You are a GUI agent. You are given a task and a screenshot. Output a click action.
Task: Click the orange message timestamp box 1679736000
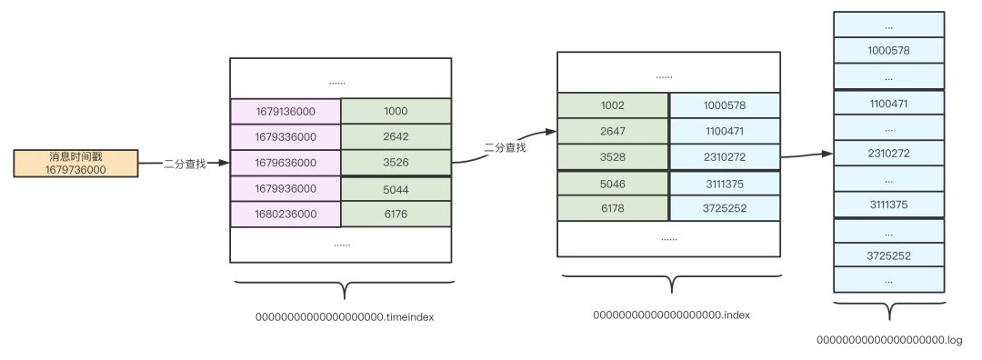[75, 164]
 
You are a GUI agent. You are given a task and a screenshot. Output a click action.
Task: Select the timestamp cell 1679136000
[286, 112]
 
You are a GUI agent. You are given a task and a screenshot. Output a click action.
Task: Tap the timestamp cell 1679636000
[286, 163]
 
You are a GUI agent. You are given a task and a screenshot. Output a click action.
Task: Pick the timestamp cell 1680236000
[286, 215]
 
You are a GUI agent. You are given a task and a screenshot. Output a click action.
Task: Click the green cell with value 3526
[396, 163]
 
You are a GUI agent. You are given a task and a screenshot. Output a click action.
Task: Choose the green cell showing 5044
[396, 189]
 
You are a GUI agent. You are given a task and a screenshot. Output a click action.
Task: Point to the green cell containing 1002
[613, 105]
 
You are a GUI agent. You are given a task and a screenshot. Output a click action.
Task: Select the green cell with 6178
[613, 208]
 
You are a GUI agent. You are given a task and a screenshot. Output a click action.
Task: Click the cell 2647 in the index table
[613, 132]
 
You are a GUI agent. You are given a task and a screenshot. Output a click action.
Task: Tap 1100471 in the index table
[725, 132]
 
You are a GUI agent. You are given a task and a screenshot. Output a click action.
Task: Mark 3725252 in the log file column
[888, 255]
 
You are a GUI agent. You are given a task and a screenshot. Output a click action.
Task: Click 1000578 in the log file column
[888, 51]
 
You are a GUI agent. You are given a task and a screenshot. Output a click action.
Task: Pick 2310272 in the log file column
[888, 154]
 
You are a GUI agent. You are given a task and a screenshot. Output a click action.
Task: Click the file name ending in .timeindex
[345, 316]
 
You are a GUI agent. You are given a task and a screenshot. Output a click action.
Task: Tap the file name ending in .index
[671, 315]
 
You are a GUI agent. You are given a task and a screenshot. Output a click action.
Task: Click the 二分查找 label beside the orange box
[185, 164]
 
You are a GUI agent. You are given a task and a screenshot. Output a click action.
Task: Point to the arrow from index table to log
[807, 155]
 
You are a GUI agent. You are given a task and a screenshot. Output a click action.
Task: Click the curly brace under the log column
[889, 309]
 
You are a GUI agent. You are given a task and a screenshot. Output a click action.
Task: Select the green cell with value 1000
[396, 112]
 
